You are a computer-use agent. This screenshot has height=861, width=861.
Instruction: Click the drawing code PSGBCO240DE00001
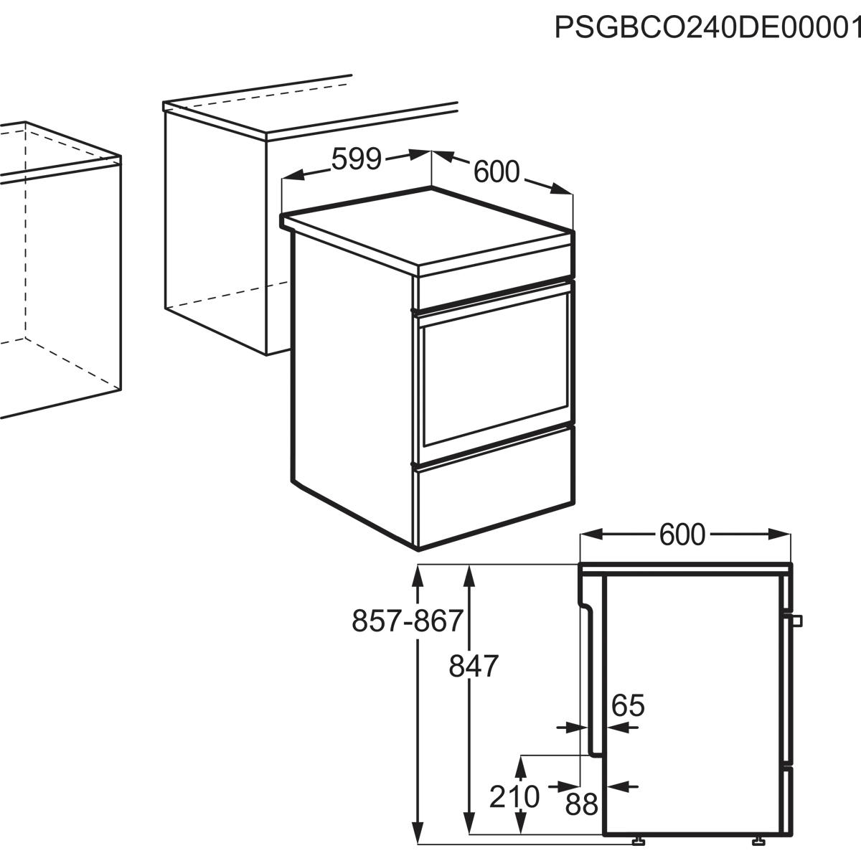[x=707, y=28]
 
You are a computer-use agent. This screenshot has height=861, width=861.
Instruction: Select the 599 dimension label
[x=356, y=159]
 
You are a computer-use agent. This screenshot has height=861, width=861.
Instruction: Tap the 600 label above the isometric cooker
[x=497, y=172]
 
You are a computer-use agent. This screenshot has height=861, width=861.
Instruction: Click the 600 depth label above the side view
[x=682, y=535]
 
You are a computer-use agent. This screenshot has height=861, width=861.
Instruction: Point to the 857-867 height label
[x=407, y=621]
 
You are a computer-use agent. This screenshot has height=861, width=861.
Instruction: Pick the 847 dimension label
[x=474, y=666]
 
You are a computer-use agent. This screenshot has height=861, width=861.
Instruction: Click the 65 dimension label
[x=628, y=705]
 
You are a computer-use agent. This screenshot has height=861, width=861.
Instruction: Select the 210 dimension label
[x=514, y=796]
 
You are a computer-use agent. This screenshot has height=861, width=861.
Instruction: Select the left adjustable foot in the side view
[x=639, y=842]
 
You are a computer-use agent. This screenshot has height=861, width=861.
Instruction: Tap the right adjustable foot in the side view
[x=758, y=842]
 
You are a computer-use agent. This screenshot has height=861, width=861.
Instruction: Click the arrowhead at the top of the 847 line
[x=469, y=576]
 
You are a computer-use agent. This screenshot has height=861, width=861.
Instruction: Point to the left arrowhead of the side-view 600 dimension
[x=591, y=534]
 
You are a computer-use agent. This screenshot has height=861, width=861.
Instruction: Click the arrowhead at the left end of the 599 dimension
[x=293, y=175]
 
